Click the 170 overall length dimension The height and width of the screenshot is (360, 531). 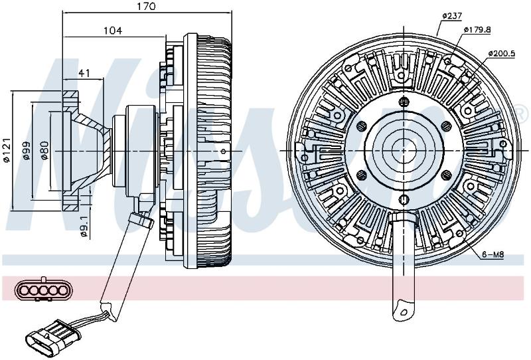(147, 7)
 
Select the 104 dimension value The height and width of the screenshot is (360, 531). (113, 31)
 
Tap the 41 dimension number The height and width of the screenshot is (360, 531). (84, 73)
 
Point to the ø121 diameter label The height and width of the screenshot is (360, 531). (7, 151)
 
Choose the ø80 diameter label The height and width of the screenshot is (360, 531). (44, 151)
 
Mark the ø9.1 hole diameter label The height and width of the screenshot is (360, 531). (84, 226)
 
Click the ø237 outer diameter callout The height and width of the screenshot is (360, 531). (452, 16)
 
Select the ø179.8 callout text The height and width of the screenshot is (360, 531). (477, 29)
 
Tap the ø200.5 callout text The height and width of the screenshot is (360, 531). (502, 54)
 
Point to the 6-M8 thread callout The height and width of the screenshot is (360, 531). (493, 254)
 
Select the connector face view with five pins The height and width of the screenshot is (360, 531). (42, 290)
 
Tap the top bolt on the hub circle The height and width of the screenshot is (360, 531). (404, 101)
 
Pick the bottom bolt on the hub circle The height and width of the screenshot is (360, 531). (404, 199)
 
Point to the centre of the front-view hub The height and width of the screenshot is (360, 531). (404, 150)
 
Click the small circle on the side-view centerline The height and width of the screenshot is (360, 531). (223, 151)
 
